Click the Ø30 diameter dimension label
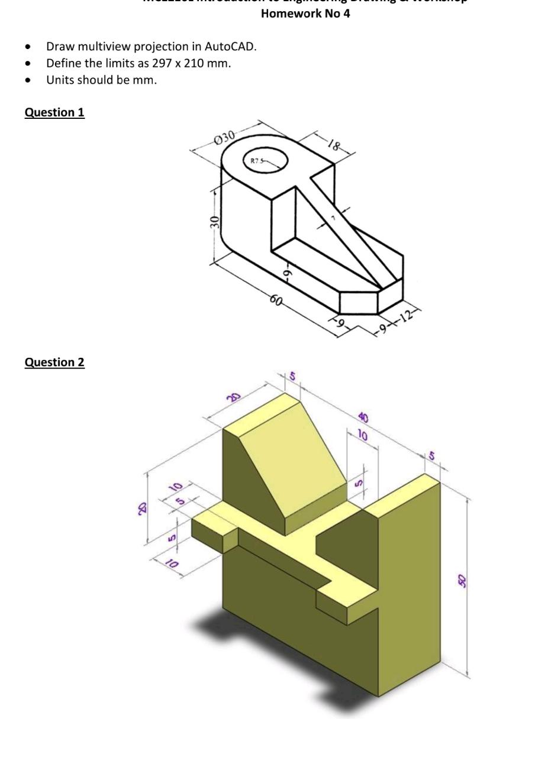click(x=224, y=137)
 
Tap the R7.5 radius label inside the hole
click(x=256, y=160)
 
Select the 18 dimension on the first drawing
click(x=334, y=144)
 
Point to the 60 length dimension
click(x=276, y=300)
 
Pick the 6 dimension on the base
click(x=286, y=273)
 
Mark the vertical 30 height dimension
click(x=215, y=222)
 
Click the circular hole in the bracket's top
click(x=266, y=160)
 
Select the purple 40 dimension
click(x=363, y=418)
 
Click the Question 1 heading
click(x=54, y=112)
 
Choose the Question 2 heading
click(x=54, y=362)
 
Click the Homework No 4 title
click(x=305, y=14)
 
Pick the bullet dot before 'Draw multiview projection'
click(x=28, y=47)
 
